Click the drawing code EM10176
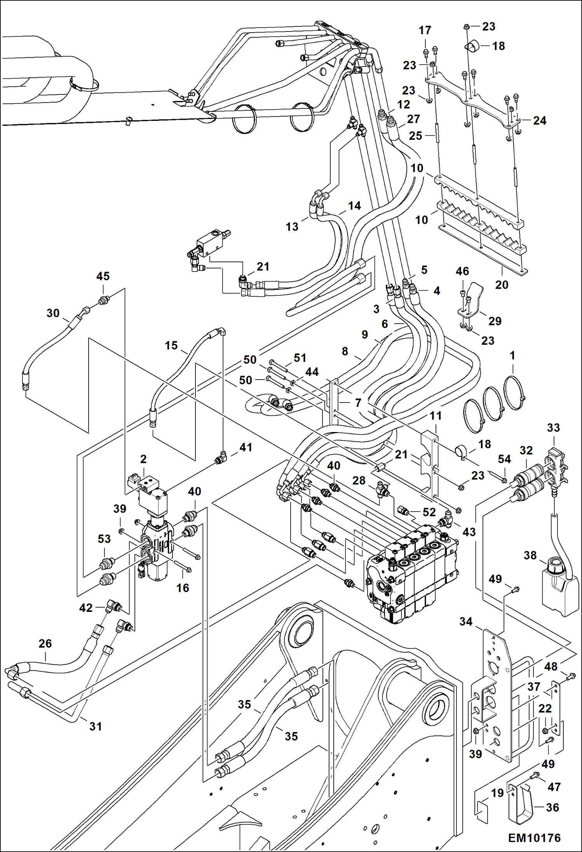[534, 838]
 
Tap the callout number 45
[103, 276]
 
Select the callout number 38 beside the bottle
[530, 555]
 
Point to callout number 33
[553, 428]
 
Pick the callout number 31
[96, 726]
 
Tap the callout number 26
[45, 643]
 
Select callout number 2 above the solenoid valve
[143, 459]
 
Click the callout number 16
[183, 588]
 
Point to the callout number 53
[104, 539]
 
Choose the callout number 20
[502, 285]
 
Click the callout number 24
[539, 120]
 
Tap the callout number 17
[425, 30]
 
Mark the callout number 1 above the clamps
[512, 355]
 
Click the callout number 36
[552, 807]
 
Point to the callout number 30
[53, 313]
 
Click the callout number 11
[436, 416]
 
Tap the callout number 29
[495, 321]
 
